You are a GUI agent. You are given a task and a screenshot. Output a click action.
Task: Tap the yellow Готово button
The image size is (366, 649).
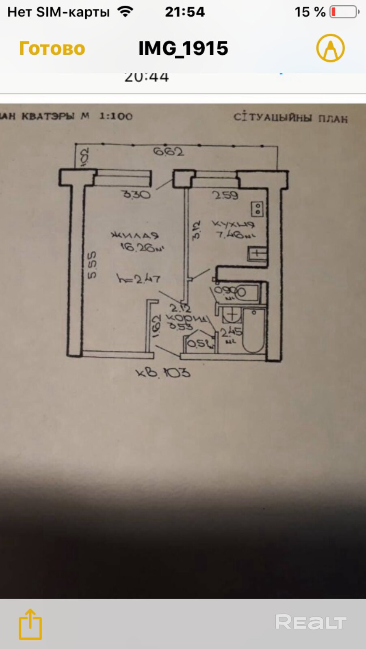click(52, 49)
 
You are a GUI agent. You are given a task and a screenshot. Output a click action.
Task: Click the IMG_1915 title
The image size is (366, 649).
click(183, 48)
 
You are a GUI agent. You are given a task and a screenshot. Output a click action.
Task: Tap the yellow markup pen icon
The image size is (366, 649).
click(330, 48)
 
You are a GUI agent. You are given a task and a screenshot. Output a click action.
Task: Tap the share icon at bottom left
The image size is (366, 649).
click(30, 624)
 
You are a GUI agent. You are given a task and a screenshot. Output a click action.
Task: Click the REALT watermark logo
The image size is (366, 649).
click(311, 622)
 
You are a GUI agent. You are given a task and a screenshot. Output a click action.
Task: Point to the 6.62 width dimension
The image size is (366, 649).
click(168, 151)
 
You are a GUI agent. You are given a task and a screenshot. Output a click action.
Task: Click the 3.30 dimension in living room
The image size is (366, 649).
click(136, 194)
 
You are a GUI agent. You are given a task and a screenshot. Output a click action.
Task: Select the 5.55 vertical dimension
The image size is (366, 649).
click(92, 265)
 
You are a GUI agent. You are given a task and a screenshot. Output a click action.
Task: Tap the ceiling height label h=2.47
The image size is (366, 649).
click(139, 279)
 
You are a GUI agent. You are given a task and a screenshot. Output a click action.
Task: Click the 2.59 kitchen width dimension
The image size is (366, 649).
click(225, 195)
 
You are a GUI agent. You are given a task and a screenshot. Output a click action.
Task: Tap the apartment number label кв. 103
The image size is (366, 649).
click(163, 372)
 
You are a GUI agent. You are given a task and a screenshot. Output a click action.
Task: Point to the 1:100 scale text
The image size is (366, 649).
click(116, 116)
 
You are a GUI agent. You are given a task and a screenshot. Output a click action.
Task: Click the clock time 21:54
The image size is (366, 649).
click(185, 12)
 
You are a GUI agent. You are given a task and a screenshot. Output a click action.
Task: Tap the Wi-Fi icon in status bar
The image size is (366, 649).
click(126, 11)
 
